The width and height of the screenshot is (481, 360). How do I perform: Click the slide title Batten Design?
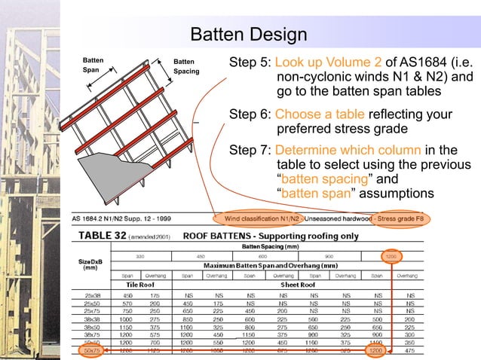click(248, 35)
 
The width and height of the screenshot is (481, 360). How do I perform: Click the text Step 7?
click(250, 149)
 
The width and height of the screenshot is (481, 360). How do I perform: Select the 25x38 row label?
click(94, 297)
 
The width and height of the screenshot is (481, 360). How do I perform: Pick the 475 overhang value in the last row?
click(408, 350)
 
